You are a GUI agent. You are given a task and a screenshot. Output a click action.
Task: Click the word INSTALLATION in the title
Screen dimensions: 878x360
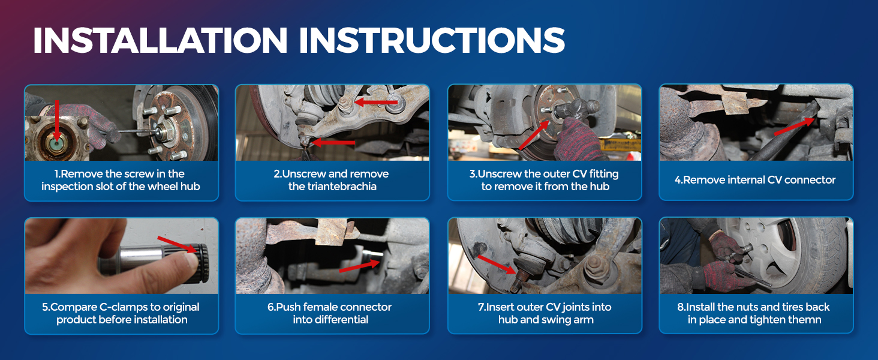click(x=160, y=40)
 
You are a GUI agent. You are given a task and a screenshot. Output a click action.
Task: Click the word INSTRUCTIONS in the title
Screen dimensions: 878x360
click(x=432, y=40)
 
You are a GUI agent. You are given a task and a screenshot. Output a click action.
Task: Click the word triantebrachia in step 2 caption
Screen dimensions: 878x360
click(x=332, y=186)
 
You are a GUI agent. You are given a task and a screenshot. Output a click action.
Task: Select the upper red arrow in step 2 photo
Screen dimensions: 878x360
click(x=376, y=103)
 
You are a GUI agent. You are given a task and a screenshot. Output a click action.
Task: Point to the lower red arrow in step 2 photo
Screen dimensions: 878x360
click(x=333, y=142)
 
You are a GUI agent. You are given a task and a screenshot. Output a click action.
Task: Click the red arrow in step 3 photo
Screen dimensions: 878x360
click(x=534, y=134)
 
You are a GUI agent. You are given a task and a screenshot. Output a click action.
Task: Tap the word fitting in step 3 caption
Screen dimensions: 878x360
click(x=603, y=174)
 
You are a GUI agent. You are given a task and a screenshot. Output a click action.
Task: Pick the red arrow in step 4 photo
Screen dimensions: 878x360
click(x=793, y=126)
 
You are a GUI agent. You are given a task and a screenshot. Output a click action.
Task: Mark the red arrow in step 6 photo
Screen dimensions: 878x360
click(x=359, y=266)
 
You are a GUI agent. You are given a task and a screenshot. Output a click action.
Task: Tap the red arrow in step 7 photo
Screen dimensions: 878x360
click(x=497, y=265)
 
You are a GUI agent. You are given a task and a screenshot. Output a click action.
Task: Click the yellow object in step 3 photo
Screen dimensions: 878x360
click(x=620, y=143)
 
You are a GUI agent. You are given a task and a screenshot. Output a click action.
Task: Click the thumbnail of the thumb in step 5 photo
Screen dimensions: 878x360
click(x=190, y=260)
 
